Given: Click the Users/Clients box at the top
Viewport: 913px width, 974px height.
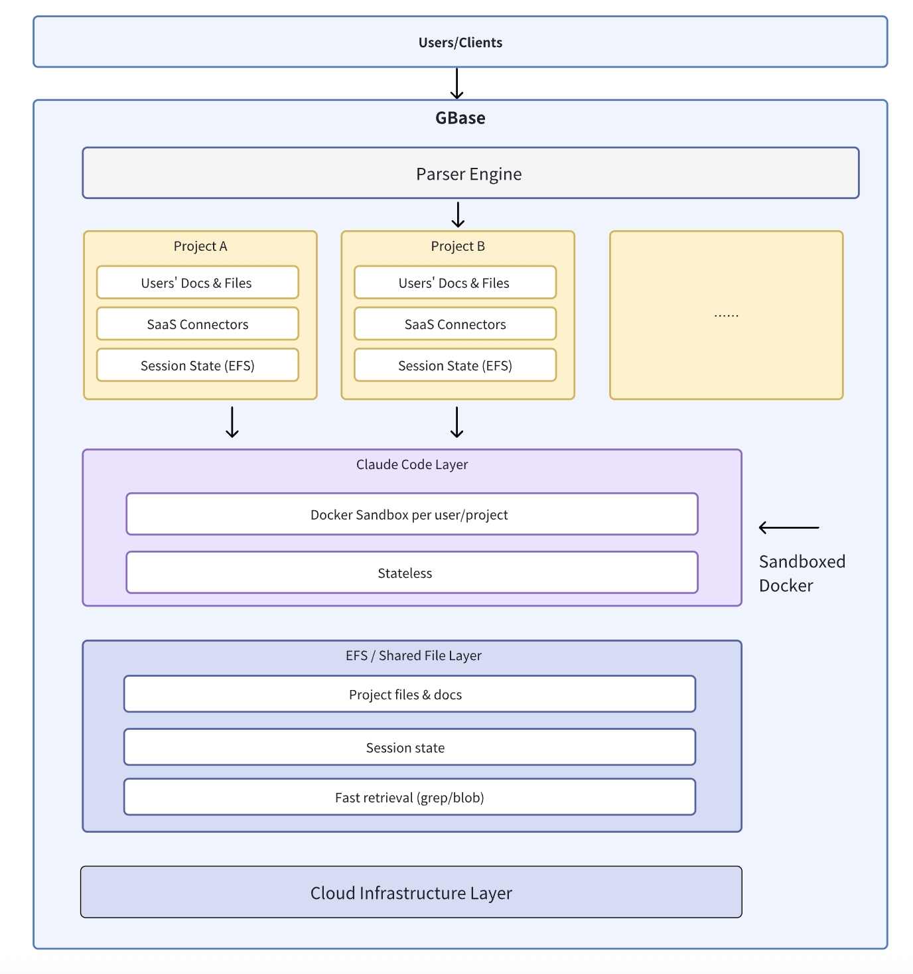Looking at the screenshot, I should (460, 42).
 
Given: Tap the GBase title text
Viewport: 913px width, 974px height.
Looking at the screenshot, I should (460, 118).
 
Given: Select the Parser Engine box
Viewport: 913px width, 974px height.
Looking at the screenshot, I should (470, 174).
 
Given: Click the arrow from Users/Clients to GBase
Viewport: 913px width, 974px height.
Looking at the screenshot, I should (457, 84).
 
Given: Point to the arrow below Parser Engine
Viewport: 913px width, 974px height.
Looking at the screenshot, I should (458, 215).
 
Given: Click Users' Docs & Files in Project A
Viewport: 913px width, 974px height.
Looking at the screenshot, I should (197, 283).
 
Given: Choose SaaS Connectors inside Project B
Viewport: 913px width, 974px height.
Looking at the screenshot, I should (455, 324).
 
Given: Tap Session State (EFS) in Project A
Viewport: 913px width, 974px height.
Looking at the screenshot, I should (197, 366).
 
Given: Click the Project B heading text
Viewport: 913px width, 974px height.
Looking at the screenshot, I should (458, 246).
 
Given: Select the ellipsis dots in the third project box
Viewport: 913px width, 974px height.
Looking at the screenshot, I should (726, 315).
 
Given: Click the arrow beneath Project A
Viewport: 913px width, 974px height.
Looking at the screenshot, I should (232, 423).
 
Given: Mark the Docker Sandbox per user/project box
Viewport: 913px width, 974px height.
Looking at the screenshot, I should (411, 515).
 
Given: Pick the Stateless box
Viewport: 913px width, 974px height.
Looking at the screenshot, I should (411, 573).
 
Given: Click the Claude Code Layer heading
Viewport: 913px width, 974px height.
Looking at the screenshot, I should (411, 464).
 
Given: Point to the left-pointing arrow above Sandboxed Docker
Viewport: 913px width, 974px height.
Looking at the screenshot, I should (788, 527).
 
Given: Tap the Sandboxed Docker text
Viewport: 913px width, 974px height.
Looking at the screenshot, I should (802, 573).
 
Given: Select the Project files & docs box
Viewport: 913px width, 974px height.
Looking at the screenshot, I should (409, 695).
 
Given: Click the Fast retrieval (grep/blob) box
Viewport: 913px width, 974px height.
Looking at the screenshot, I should (409, 798).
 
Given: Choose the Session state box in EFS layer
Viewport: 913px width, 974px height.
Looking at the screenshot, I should (409, 748).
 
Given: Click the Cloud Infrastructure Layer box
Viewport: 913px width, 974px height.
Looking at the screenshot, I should (411, 893).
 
